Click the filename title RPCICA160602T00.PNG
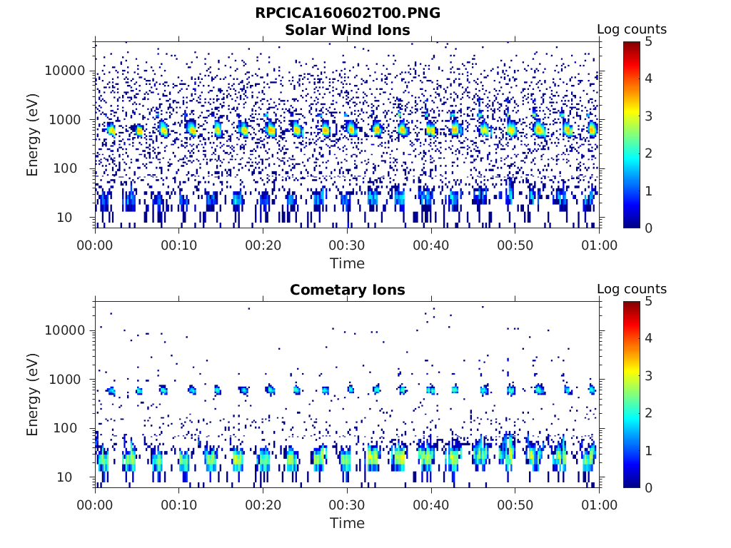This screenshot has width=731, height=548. click(347, 13)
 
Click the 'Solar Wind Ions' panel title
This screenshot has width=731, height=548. click(347, 30)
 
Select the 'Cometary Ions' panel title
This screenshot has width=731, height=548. click(347, 290)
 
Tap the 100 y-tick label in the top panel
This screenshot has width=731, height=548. click(71, 168)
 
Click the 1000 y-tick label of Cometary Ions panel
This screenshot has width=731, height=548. click(69, 380)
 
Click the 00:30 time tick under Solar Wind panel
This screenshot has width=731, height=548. click(347, 245)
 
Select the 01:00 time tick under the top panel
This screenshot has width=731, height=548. click(599, 245)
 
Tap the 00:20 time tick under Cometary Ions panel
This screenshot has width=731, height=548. click(263, 505)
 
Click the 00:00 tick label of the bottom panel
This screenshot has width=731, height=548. click(95, 505)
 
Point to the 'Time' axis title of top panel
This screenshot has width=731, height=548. click(347, 263)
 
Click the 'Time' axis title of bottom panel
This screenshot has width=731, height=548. click(347, 523)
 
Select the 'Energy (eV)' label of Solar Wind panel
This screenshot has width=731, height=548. click(33, 135)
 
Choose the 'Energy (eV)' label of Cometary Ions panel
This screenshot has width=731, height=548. click(33, 395)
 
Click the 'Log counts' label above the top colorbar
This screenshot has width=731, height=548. click(631, 29)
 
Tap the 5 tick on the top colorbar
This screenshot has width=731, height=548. click(648, 41)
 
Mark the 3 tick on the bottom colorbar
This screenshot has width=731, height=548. click(648, 375)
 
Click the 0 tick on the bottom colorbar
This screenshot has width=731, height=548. click(648, 487)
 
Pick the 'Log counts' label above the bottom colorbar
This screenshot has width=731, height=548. click(631, 289)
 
